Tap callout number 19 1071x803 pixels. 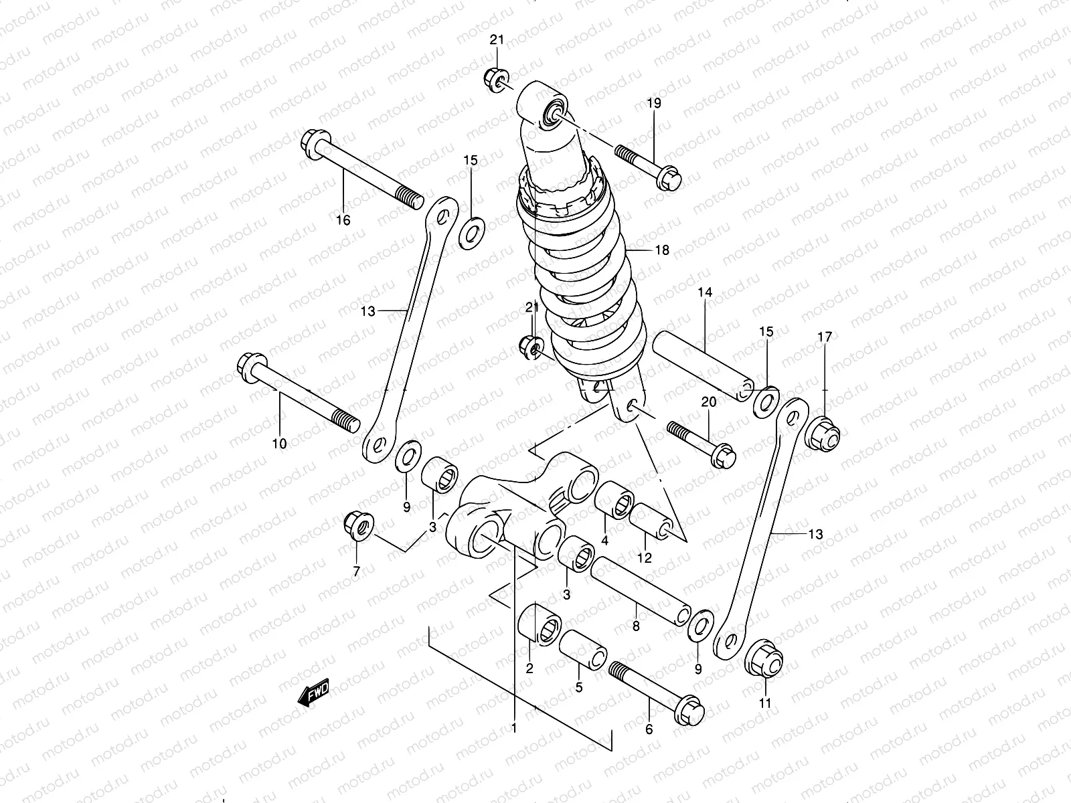tap(654, 103)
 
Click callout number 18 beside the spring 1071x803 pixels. tap(662, 250)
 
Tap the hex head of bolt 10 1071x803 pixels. tap(249, 367)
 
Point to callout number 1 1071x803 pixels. tap(514, 727)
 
